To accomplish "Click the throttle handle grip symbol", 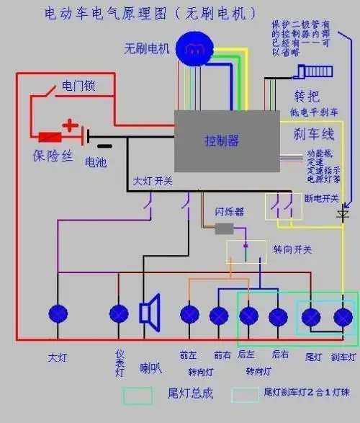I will (x=316, y=72).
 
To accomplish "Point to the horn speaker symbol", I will (x=150, y=313).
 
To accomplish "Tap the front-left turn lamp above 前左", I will (x=189, y=316).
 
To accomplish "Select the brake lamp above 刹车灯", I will (x=343, y=317).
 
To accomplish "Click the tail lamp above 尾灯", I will (x=311, y=317).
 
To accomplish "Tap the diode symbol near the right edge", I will (x=343, y=215).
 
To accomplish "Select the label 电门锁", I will (x=78, y=86).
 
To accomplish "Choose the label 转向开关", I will (x=292, y=249).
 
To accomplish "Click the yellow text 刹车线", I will (x=314, y=134).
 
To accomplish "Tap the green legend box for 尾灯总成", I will (x=138, y=396).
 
